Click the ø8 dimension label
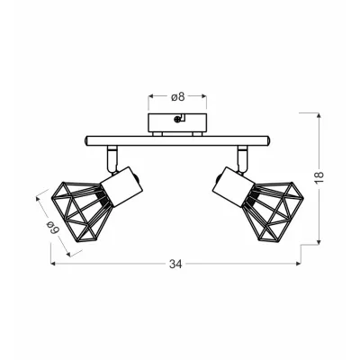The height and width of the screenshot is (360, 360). [x=177, y=97]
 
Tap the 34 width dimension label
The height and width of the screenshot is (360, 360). [x=175, y=265]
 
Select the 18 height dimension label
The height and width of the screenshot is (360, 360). [x=319, y=177]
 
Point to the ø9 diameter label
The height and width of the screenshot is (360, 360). [x=54, y=227]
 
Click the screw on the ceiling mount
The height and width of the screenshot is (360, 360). [x=177, y=120]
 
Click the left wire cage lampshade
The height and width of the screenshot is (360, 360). [x=79, y=211]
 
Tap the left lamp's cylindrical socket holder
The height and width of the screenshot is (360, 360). [x=121, y=187]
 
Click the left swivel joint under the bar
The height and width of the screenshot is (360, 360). [x=112, y=159]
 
